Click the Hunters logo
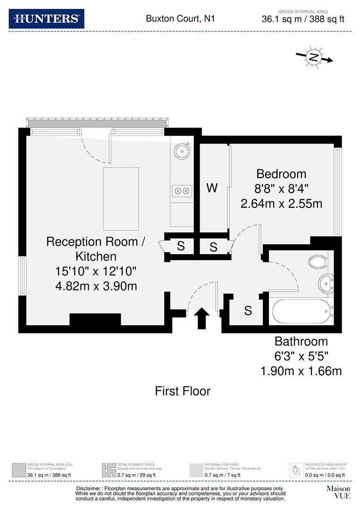point(47,19)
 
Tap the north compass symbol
point(314,58)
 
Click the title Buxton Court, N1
point(180,19)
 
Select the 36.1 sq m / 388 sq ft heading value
point(303,19)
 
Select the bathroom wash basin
point(327,283)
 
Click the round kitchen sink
point(182,151)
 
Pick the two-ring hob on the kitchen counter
point(182,191)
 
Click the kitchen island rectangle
point(121,198)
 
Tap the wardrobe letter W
point(212,188)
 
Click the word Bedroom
point(281,174)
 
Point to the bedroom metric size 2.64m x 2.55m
point(281,204)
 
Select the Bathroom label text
point(301,341)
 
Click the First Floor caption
point(183,391)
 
